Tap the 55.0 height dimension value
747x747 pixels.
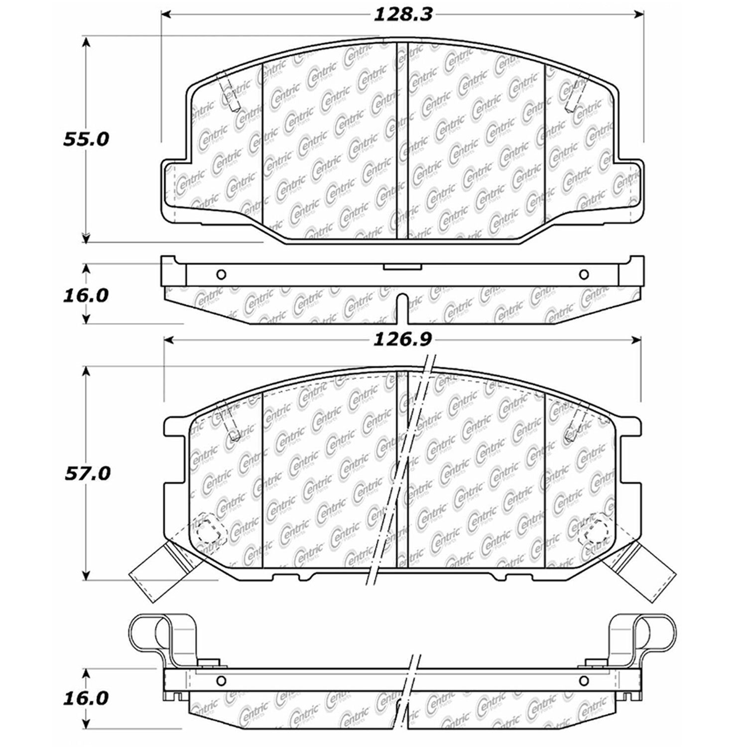coord(86,139)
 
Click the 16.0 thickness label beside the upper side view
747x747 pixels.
coord(86,295)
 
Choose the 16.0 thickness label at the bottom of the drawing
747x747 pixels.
coord(86,698)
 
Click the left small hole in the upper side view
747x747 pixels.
coord(222,274)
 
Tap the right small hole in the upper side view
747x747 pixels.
coord(584,274)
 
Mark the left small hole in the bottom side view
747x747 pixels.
coord(222,680)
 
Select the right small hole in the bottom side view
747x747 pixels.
coord(584,680)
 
